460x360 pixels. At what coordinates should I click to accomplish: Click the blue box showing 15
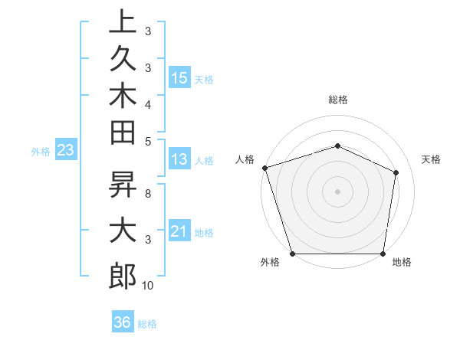179,78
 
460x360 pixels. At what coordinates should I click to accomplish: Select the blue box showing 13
179,159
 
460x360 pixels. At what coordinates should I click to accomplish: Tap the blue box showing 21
179,231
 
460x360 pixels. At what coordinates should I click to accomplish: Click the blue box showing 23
65,151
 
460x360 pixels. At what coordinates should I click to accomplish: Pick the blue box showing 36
122,322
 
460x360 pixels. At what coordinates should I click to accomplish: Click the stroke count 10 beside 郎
148,286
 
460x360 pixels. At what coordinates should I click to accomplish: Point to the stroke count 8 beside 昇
148,194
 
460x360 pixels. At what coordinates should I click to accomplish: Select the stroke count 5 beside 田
148,140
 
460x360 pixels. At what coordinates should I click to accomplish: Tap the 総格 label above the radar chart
337,100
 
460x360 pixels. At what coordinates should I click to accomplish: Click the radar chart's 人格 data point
264,167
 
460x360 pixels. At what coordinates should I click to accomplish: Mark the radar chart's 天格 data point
396,172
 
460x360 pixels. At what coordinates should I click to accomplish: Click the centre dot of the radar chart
337,191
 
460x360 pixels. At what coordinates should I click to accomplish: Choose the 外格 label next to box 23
41,152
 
